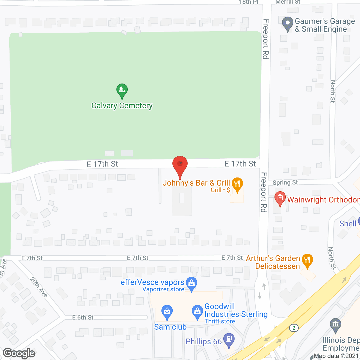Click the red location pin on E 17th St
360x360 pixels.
(x=180, y=165)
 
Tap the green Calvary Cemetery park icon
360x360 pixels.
(x=122, y=90)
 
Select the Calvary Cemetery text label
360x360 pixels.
(x=122, y=106)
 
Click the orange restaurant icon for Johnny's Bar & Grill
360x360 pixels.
(x=237, y=184)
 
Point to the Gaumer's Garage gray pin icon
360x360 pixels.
(x=287, y=24)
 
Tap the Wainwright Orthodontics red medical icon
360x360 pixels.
(x=280, y=198)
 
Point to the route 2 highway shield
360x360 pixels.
(x=294, y=328)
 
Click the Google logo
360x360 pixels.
(x=19, y=353)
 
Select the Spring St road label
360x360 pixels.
(x=285, y=183)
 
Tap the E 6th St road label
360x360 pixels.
(x=83, y=318)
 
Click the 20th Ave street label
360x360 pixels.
(x=39, y=287)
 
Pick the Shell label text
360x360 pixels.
(x=348, y=224)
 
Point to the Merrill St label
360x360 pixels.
(x=288, y=2)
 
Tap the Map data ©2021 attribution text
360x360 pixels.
(x=336, y=356)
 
